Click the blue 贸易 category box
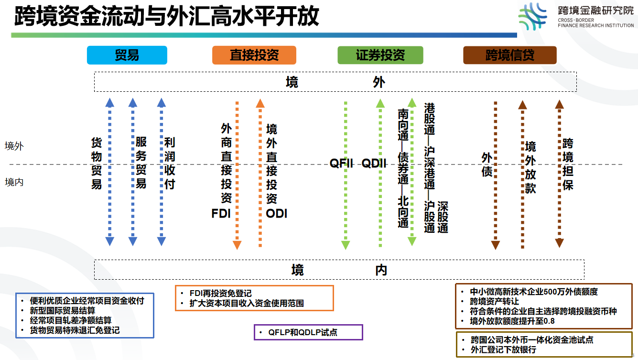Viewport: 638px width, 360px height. [127, 55]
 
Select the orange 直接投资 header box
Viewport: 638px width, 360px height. [254, 55]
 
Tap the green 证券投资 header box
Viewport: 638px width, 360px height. [380, 55]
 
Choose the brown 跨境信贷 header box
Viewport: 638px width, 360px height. [509, 55]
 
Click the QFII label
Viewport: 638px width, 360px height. [341, 164]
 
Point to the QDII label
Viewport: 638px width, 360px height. [374, 164]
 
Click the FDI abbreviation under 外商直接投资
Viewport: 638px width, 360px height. [221, 213]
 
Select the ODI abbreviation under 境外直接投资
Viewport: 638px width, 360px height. [276, 213]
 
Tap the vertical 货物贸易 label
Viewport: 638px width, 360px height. [97, 164]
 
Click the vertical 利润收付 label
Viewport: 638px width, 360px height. [170, 164]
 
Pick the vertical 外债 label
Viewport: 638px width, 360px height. [487, 164]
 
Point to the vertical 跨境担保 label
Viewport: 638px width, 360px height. [567, 164]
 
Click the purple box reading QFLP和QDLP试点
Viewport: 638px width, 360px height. [308, 332]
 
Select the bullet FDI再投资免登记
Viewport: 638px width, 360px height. [220, 293]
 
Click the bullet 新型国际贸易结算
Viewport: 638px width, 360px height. [62, 310]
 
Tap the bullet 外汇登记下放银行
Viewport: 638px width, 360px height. [503, 349]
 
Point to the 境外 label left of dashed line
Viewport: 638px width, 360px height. [14, 146]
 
